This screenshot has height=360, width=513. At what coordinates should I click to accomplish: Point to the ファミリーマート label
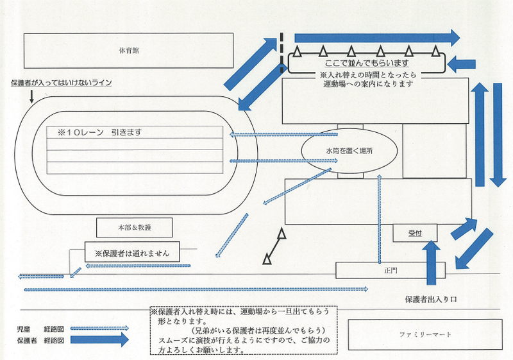pyautogui.click(x=425, y=334)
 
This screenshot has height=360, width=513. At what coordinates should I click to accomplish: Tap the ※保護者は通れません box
pyautogui.click(x=132, y=252)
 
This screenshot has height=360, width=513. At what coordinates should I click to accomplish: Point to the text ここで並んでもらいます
pyautogui.click(x=366, y=63)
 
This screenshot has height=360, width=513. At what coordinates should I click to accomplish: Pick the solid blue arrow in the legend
pyautogui.click(x=99, y=341)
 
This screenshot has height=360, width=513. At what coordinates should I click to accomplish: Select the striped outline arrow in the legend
pyautogui.click(x=99, y=328)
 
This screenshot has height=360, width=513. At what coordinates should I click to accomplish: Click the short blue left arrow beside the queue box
pyautogui.click(x=462, y=64)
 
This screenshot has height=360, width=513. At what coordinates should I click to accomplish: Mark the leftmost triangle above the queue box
pyautogui.click(x=298, y=51)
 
